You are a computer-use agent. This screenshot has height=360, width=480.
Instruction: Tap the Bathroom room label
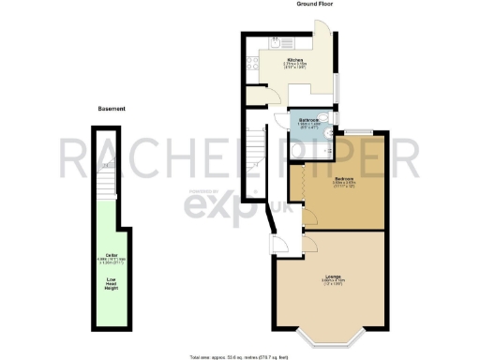pos(310,120)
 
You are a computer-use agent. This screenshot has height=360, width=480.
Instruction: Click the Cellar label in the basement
pos(112,255)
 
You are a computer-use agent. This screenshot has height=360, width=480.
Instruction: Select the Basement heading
pos(112,109)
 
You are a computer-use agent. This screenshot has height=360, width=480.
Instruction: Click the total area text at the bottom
pos(240,356)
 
